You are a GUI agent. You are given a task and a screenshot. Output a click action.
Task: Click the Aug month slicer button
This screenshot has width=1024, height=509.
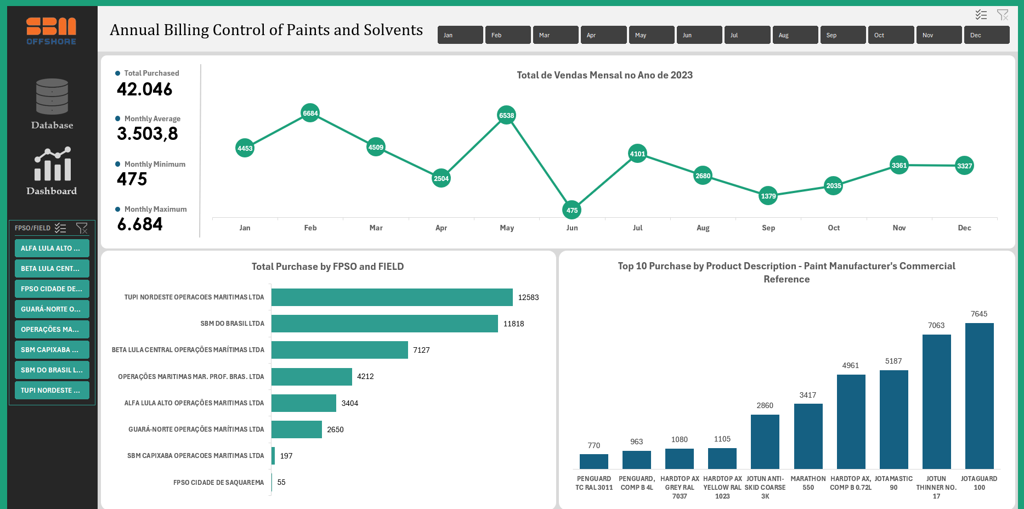pyautogui.click(x=795, y=35)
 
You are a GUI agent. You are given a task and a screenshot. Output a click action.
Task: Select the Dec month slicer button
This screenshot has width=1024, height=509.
pyautogui.click(x=986, y=35)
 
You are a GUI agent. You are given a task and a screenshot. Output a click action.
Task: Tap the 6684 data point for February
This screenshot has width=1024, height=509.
pyautogui.click(x=310, y=113)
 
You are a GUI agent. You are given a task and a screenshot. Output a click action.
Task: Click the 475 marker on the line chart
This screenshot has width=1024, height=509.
pyautogui.click(x=572, y=210)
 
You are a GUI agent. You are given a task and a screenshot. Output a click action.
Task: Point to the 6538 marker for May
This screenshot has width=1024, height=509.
pyautogui.click(x=506, y=115)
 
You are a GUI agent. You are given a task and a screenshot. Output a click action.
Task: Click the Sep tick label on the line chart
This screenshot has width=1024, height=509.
pyautogui.click(x=768, y=228)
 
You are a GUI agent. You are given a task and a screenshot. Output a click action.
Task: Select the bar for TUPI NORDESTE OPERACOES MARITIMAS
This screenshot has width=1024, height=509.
pyautogui.click(x=392, y=297)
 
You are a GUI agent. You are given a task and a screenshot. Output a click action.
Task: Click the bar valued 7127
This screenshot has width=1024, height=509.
pyautogui.click(x=340, y=350)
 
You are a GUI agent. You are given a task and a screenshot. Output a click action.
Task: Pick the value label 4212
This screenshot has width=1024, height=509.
pyautogui.click(x=365, y=376)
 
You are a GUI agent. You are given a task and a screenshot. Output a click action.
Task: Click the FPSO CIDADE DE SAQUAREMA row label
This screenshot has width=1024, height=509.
pyautogui.click(x=218, y=483)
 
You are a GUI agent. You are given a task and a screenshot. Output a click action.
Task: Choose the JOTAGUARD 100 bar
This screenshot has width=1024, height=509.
pyautogui.click(x=979, y=395)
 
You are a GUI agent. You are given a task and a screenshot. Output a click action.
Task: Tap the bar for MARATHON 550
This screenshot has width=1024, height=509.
pyautogui.click(x=808, y=436)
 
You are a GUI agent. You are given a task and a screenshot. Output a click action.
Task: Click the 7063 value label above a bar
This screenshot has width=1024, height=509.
pyautogui.click(x=936, y=325)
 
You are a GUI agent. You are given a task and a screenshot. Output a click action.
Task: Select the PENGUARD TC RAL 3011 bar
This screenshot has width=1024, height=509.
pyautogui.click(x=593, y=461)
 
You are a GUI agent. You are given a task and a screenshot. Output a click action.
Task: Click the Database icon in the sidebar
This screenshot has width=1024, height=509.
pyautogui.click(x=52, y=97)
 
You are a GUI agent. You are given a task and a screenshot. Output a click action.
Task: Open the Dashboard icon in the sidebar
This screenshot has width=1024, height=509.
pyautogui.click(x=52, y=164)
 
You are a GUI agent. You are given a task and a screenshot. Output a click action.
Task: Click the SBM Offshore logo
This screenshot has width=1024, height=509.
pyautogui.click(x=52, y=31)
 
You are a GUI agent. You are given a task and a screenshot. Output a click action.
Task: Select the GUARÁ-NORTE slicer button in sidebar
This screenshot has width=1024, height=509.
pyautogui.click(x=52, y=309)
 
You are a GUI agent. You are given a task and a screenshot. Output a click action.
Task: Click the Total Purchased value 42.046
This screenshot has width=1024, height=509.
pyautogui.click(x=145, y=89)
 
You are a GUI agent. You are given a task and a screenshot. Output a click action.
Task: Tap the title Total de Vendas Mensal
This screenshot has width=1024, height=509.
pyautogui.click(x=604, y=75)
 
